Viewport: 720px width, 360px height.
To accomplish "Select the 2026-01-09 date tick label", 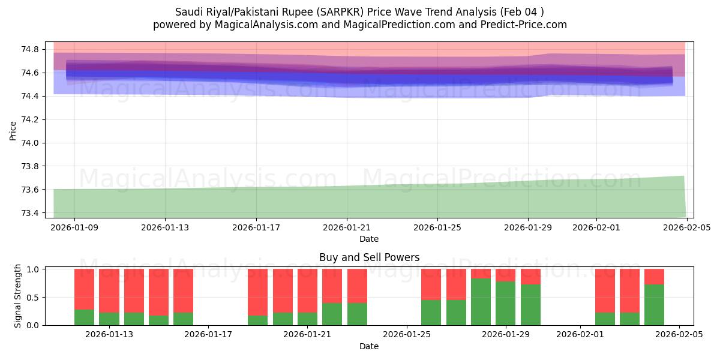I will click(x=74, y=227).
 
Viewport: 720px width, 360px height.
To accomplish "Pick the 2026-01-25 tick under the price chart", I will click(x=437, y=227).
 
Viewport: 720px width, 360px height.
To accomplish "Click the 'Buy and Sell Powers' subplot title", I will click(x=369, y=257).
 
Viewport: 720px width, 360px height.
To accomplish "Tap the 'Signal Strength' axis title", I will click(x=18, y=296).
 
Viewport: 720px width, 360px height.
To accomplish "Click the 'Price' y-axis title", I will click(x=13, y=130).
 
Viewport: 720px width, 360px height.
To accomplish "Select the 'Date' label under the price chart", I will click(x=369, y=239).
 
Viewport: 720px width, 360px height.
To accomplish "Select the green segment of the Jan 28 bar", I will click(x=481, y=301).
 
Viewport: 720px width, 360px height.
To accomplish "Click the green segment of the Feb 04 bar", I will click(x=654, y=304).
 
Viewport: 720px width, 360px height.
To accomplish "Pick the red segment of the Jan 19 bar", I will click(x=257, y=292).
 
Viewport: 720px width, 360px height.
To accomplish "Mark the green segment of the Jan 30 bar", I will click(x=530, y=304).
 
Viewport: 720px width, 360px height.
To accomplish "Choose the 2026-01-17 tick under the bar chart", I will click(x=208, y=335).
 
